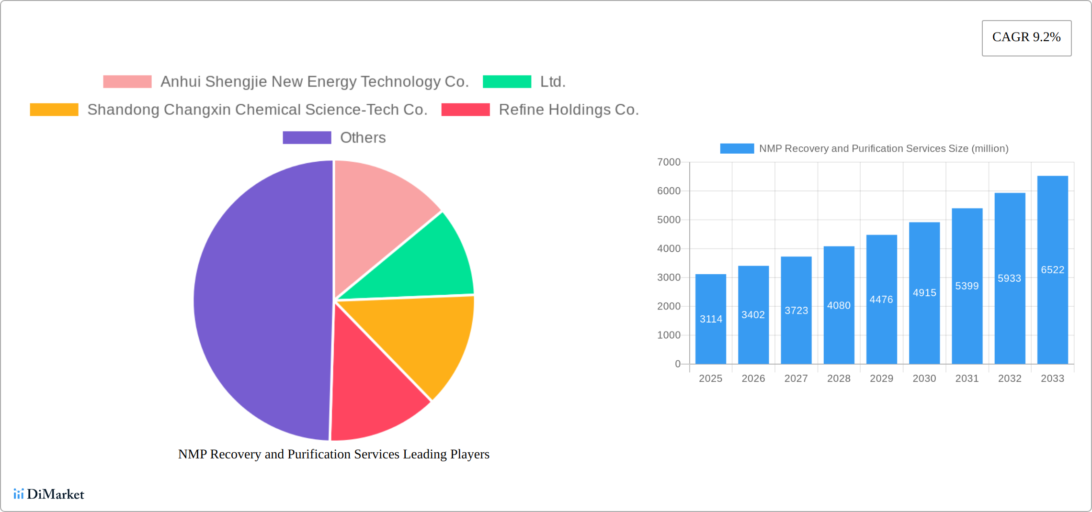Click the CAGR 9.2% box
point(1026,38)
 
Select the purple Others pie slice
point(259,301)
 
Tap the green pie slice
point(421,263)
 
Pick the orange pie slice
point(426,340)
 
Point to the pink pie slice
point(378,211)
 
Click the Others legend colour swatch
point(307,138)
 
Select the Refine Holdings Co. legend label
point(569,110)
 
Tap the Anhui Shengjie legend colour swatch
point(127,82)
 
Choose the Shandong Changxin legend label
point(257,110)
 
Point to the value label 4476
point(881,300)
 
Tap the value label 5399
point(967,286)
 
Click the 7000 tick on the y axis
point(669,162)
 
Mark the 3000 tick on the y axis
point(669,278)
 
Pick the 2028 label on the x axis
point(839,378)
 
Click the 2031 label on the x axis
point(967,378)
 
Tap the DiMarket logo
point(49,494)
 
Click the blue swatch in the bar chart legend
point(737,149)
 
